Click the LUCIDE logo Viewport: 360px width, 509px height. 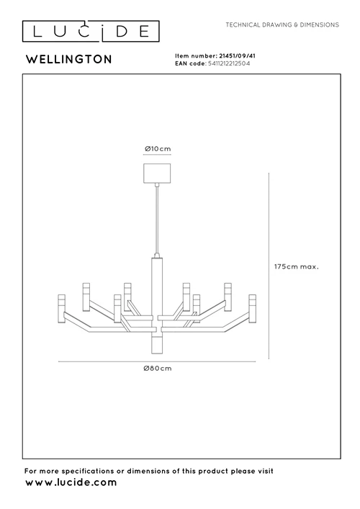coord(91,31)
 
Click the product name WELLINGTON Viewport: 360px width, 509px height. coord(69,60)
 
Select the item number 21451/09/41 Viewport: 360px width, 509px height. coord(237,56)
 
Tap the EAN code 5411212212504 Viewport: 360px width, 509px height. coord(229,63)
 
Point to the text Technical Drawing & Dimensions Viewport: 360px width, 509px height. coord(282,24)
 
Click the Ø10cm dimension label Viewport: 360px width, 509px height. coord(158,149)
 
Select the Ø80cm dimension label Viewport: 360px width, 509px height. coord(158,369)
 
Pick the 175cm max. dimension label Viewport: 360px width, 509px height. coord(297,266)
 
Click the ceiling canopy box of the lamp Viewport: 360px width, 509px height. coord(157,174)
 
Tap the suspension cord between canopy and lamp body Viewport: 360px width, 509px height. coord(157,221)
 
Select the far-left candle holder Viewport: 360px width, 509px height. coord(61,309)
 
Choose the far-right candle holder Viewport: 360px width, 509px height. coord(253,309)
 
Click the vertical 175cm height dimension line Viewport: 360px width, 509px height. coord(269,266)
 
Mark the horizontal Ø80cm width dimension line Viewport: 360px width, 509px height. coord(157,361)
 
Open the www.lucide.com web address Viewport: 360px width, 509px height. coord(71,482)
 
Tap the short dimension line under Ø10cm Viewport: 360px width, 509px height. coord(157,155)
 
